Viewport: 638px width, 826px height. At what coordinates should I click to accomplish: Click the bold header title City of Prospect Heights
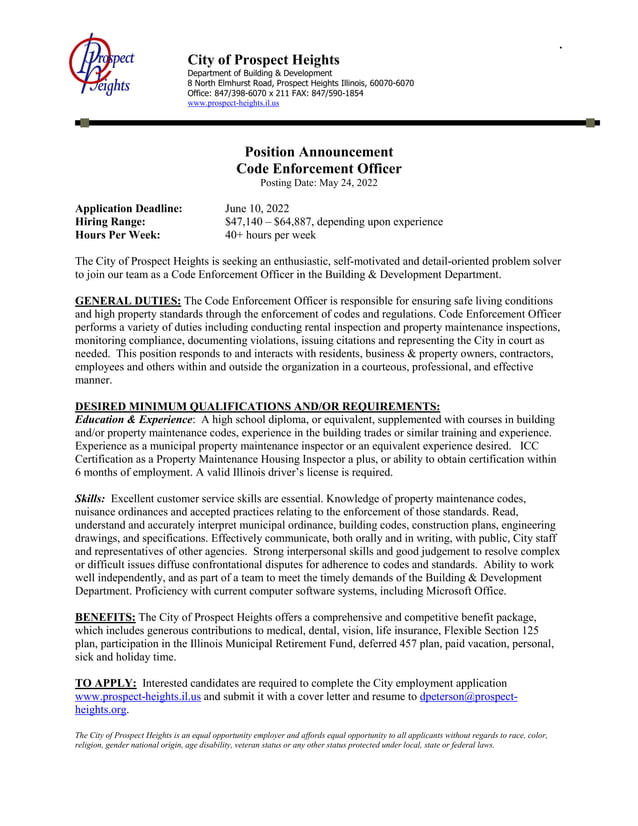[x=263, y=60]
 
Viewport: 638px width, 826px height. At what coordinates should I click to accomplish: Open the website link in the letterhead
[x=233, y=103]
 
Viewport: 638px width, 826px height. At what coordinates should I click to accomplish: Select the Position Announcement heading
[x=318, y=152]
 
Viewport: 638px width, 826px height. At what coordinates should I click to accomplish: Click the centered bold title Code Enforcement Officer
[x=318, y=168]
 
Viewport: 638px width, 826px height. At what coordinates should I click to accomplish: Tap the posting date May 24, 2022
[x=346, y=183]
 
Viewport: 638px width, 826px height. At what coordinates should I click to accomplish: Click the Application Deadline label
[x=129, y=208]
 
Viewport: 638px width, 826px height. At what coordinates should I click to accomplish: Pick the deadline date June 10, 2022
[x=256, y=208]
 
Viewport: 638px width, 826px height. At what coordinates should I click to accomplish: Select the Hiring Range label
[x=111, y=222]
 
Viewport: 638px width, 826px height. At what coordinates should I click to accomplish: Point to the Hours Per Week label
[x=118, y=236]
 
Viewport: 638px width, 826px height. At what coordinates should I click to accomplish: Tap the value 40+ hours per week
[x=270, y=236]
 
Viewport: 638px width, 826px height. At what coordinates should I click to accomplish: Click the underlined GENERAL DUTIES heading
[x=129, y=301]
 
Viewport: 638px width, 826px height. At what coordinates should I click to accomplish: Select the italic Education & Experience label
[x=134, y=419]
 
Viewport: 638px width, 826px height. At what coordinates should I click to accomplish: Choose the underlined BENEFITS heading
[x=104, y=616]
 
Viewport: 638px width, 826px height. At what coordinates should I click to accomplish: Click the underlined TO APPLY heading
[x=106, y=681]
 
